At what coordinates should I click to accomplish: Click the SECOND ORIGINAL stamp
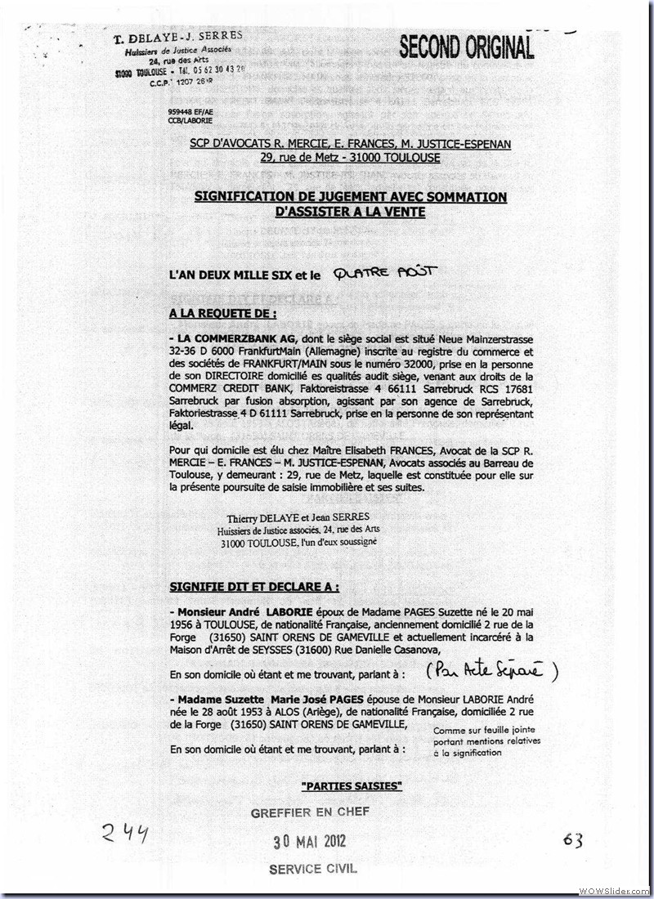(466, 47)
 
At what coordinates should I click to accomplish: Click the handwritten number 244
(125, 834)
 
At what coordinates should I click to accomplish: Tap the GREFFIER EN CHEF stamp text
(311, 812)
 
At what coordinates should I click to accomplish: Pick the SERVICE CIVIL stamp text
(313, 869)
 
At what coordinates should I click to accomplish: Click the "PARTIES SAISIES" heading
(352, 785)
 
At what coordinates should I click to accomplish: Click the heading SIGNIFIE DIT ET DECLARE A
(254, 587)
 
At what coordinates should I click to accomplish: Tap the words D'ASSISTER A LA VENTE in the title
(350, 212)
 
